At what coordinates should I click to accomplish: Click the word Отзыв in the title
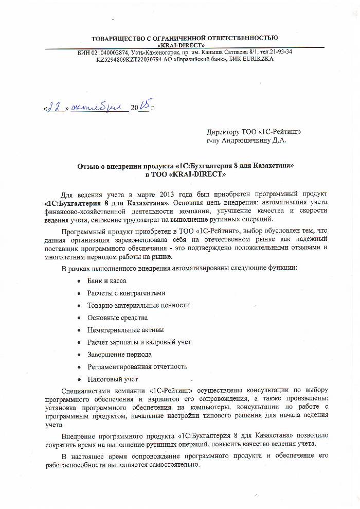coord(87,166)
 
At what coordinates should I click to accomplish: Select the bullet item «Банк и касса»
coord(107,281)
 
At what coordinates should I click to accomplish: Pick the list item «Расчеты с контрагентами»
coord(126,293)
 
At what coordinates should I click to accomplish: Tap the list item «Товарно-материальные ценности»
coord(138,305)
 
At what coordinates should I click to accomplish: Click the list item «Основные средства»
coord(117,318)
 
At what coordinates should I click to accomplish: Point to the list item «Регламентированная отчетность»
coord(137,367)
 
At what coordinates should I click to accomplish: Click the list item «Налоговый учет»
coord(113,379)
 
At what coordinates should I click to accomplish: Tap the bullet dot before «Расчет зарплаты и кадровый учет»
coord(78,343)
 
